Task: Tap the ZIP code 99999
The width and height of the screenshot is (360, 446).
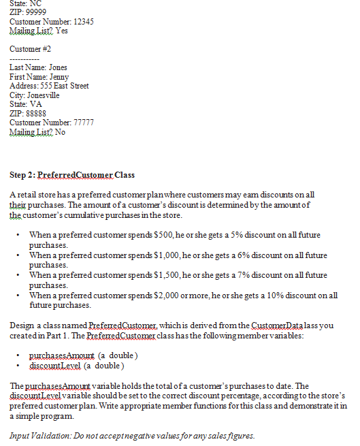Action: tap(35, 13)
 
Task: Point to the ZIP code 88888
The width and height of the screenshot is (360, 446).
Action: tap(35, 113)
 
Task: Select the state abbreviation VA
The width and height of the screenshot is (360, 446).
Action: tap(37, 104)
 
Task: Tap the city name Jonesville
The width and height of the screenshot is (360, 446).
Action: tap(43, 95)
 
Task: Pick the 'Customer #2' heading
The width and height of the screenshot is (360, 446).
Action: tap(31, 49)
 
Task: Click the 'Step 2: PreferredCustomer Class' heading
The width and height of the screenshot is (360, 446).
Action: tap(72, 175)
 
